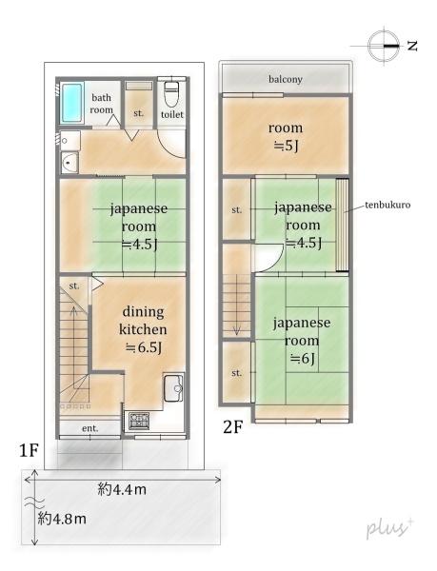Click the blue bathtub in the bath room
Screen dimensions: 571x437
[73, 104]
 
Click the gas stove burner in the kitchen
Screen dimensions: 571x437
[138, 418]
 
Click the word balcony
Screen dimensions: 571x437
[286, 79]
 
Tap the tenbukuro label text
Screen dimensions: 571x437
[385, 205]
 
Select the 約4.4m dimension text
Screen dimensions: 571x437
[121, 489]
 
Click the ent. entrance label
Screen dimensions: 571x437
[89, 429]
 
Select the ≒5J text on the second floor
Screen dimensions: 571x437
[286, 146]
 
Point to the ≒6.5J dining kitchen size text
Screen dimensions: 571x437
[142, 347]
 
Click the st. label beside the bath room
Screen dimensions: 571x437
[139, 113]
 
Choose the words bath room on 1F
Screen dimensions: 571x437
[102, 104]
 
